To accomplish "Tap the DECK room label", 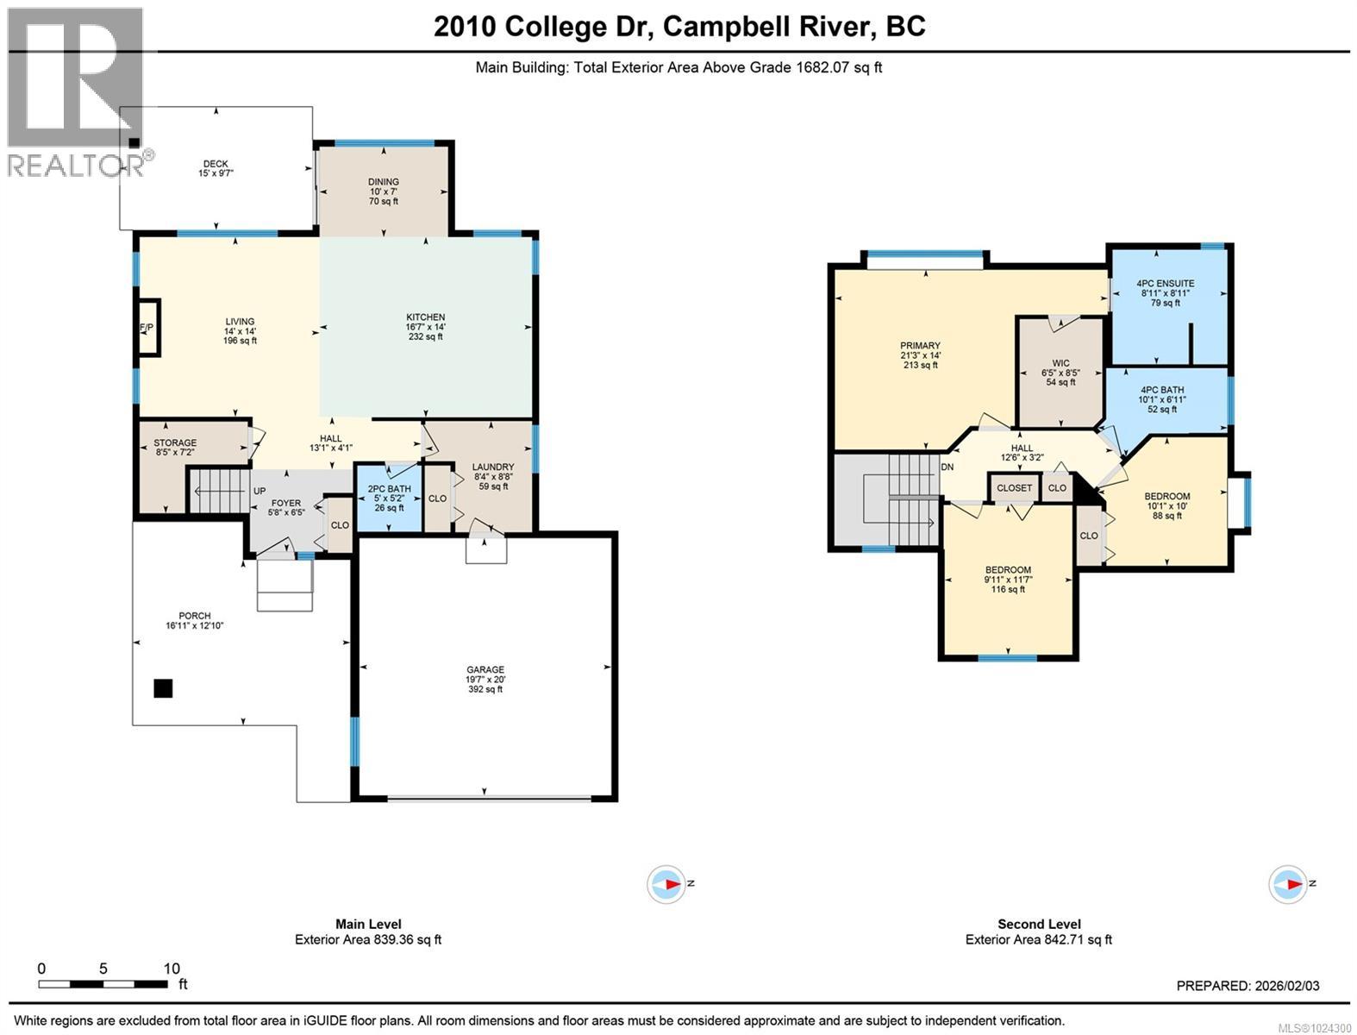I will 216,164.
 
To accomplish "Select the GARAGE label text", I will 485,669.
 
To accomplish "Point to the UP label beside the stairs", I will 260,491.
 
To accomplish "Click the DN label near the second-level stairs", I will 947,467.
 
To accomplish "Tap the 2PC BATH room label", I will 389,489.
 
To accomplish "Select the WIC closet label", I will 1060,363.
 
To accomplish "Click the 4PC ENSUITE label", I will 1165,283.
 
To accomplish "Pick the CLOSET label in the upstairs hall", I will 1014,488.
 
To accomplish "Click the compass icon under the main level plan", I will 667,884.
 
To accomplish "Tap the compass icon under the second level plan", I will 1288,884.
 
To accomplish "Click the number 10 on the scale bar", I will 172,969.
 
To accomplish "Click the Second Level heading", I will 1039,924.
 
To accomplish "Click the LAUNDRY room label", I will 493,467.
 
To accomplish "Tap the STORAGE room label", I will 175,442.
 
